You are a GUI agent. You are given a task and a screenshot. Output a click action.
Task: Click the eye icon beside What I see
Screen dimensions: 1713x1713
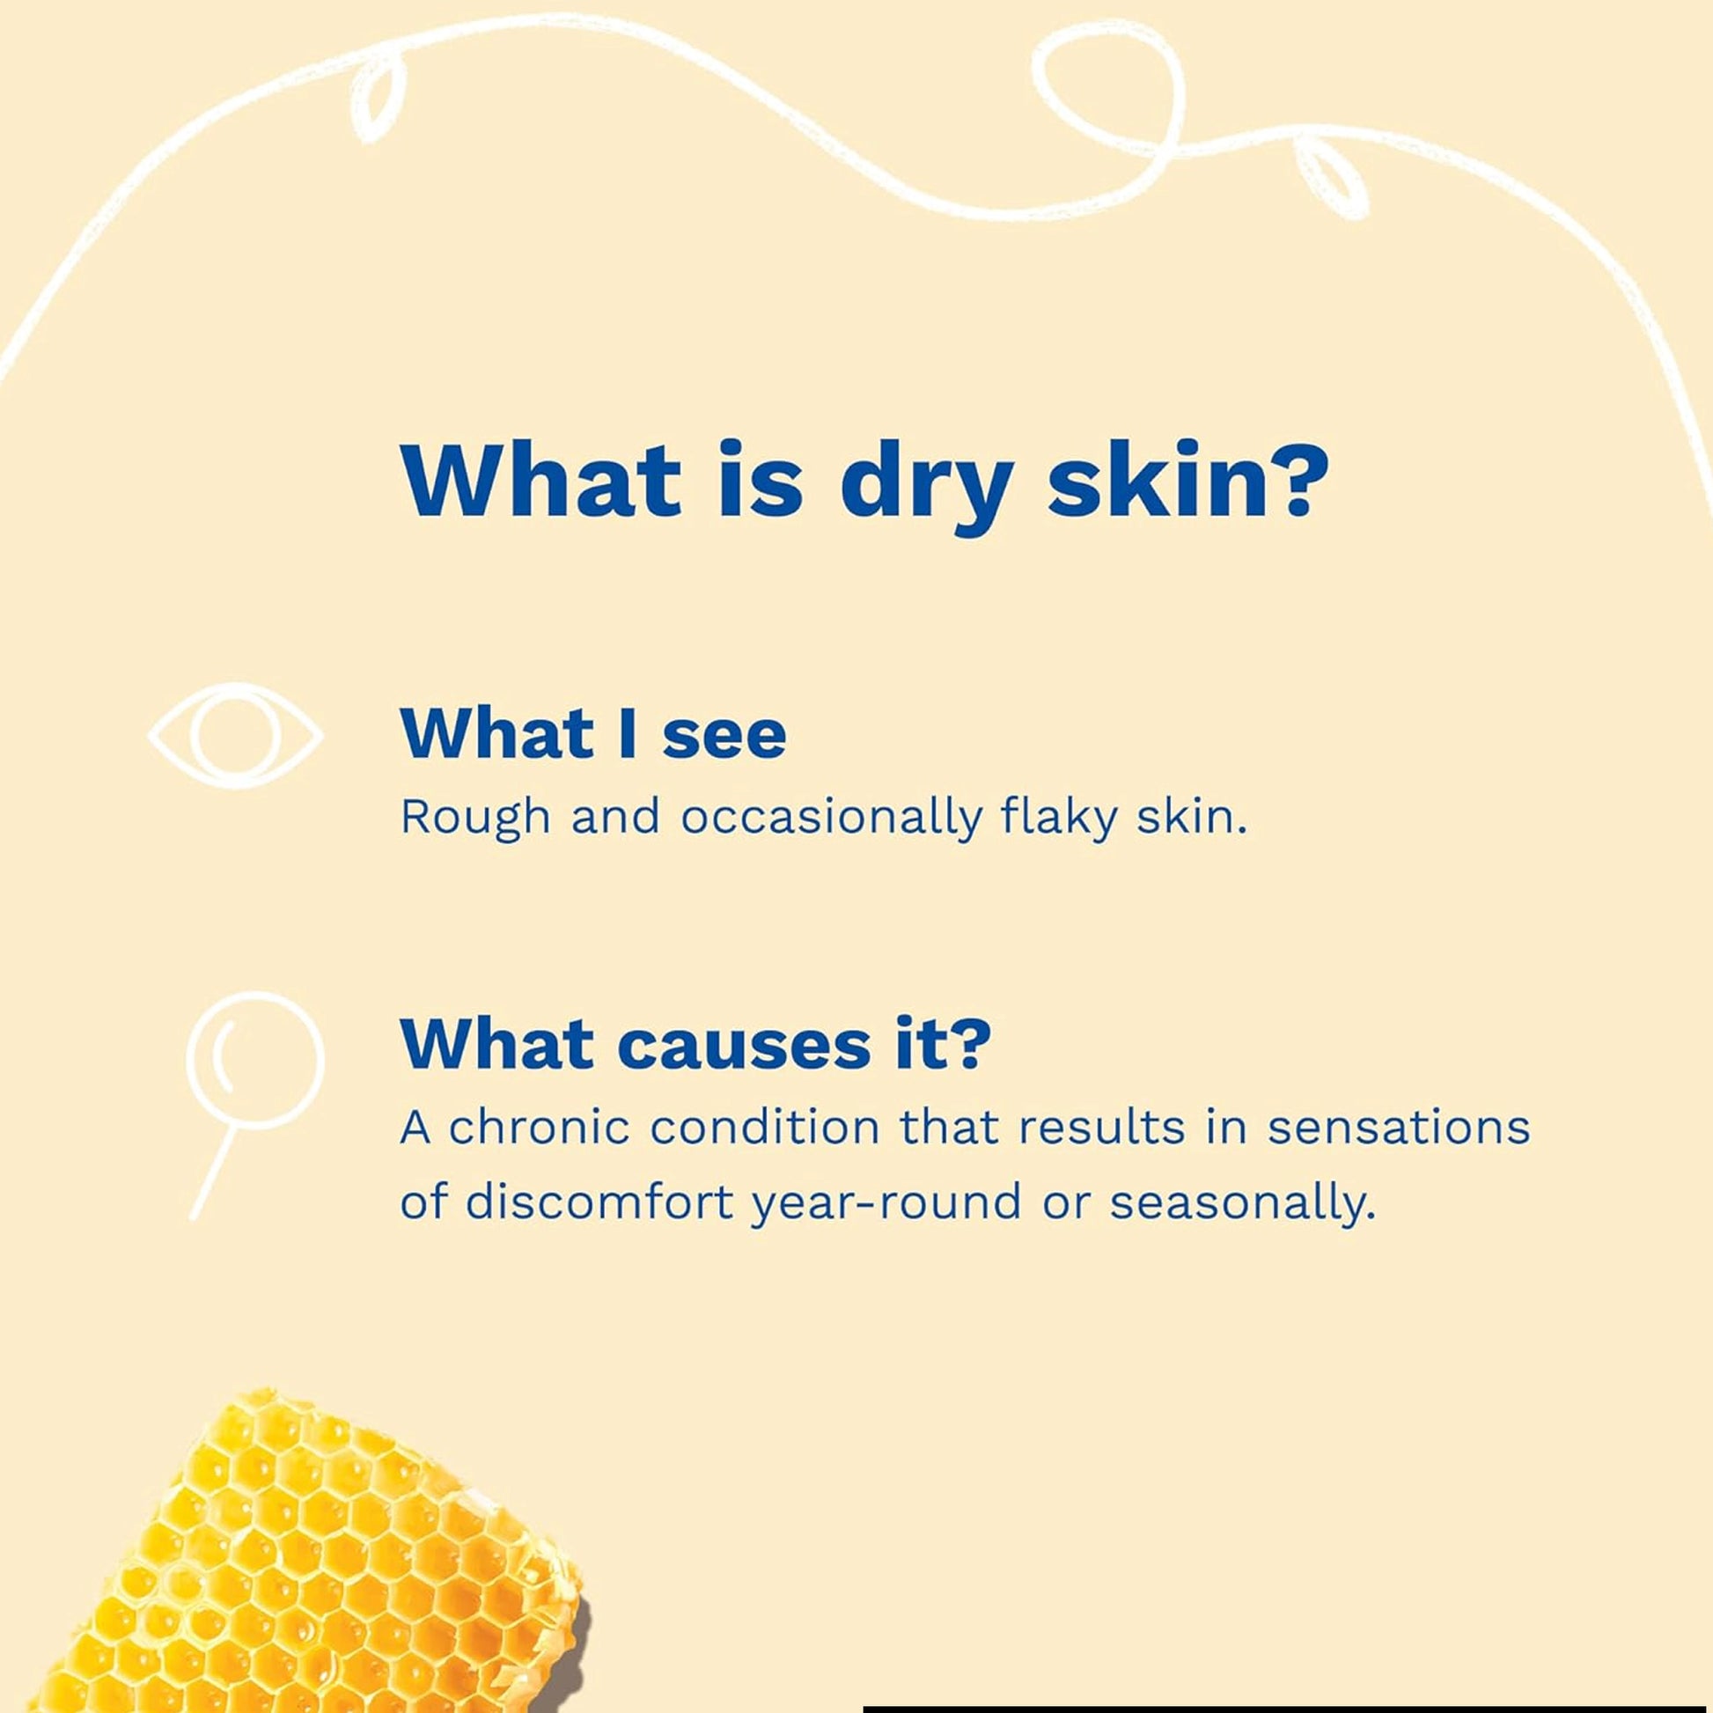coord(235,735)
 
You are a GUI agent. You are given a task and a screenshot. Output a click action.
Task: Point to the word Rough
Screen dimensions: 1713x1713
coord(475,818)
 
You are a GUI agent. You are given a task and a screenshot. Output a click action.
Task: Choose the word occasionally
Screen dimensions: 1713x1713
coord(831,818)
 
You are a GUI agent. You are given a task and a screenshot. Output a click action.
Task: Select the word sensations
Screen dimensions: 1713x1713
coord(1399,1129)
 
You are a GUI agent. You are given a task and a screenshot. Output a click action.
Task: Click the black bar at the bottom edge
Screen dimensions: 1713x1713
coord(1288,1707)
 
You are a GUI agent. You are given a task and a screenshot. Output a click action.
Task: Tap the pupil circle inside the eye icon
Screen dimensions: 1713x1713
coord(235,735)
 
